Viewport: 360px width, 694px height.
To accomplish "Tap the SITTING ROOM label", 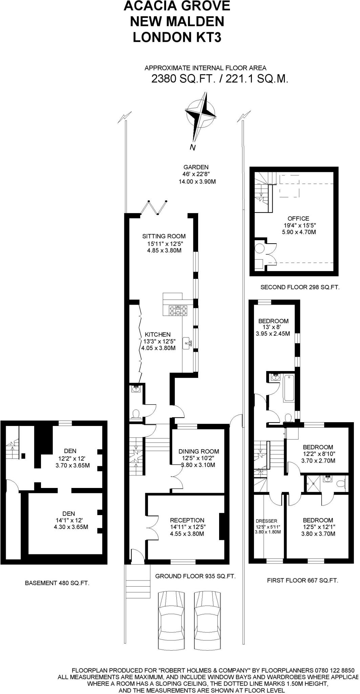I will coord(164,236).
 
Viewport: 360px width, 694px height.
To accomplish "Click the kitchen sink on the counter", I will coord(187,343).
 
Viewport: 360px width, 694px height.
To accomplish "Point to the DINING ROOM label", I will coord(199,451).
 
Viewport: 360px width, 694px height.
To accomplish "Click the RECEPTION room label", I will coord(187,520).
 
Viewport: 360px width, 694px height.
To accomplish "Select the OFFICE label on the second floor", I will coord(298,219).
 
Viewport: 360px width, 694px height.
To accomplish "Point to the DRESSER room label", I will coord(267,521).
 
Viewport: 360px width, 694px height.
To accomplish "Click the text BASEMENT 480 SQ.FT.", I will coord(57,583).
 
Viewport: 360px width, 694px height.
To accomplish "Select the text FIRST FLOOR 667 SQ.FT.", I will coord(302,580).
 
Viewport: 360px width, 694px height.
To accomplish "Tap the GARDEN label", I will coord(196,167).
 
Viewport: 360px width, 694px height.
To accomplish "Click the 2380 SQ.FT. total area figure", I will coord(183,79).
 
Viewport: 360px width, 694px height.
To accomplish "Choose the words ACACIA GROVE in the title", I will coord(177,6).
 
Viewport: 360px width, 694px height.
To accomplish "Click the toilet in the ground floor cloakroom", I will coord(136,414).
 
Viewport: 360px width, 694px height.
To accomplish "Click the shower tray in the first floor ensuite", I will coord(313,483).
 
